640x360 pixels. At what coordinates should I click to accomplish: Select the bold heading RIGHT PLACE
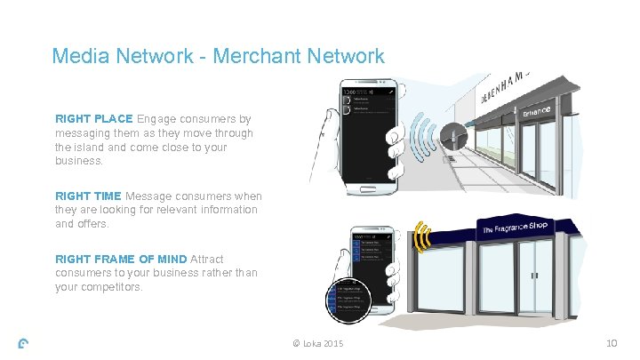(93, 118)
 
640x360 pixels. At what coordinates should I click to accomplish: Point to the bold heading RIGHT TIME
(89, 196)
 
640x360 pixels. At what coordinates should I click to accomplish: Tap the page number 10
(611, 344)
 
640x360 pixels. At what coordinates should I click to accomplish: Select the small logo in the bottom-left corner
(24, 345)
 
